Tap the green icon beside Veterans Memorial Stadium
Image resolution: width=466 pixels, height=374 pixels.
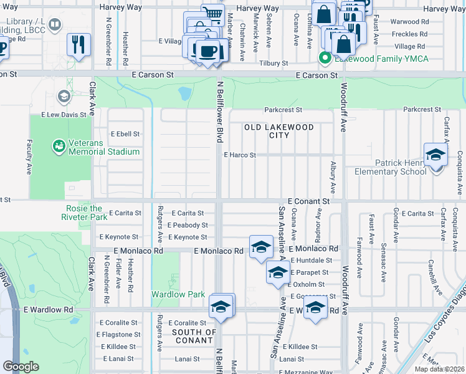point(59,146)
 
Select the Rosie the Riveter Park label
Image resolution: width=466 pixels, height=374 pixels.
point(85,213)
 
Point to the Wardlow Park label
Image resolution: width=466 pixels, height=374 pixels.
point(178,294)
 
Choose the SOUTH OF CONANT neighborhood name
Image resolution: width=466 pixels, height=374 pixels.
point(194,337)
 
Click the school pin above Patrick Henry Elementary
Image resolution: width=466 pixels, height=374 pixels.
point(435,155)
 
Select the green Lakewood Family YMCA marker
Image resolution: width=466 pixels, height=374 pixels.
point(324,59)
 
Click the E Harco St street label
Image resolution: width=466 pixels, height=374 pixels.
point(240,155)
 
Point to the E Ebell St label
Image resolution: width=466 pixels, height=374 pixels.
point(125,134)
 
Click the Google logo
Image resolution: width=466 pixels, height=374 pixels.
point(21,367)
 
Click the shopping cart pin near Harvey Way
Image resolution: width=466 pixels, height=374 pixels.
point(212,14)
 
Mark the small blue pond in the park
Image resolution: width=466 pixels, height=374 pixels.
point(184,93)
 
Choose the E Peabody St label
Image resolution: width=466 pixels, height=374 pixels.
point(187,225)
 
